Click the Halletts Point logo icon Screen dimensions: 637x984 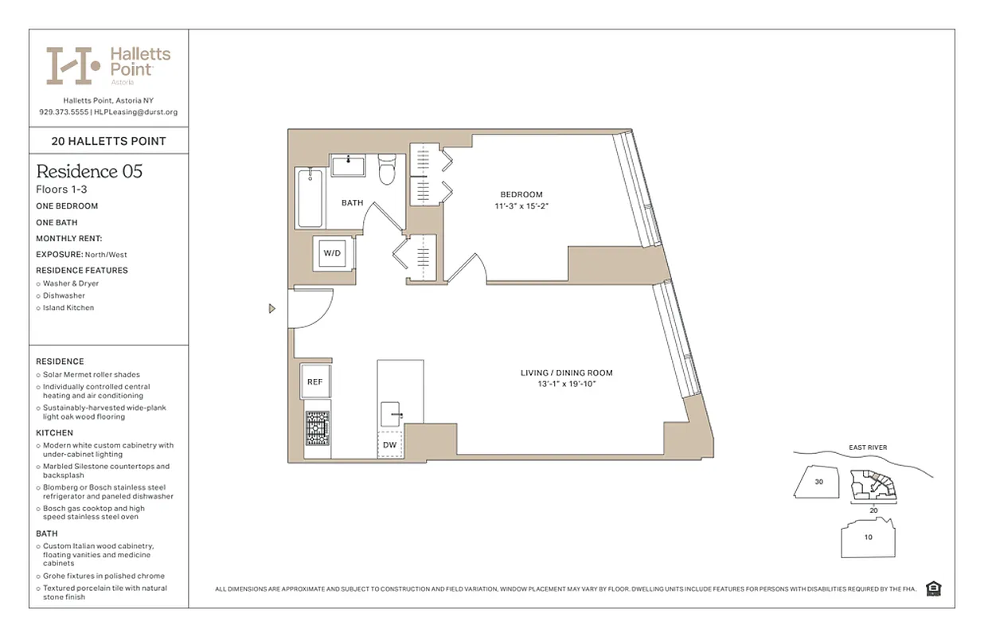click(x=72, y=65)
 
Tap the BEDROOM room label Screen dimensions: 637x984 click(x=521, y=195)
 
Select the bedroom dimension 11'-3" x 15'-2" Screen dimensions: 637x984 click(x=521, y=206)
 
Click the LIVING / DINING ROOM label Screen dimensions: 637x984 click(x=567, y=373)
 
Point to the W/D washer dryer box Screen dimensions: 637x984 click(x=331, y=253)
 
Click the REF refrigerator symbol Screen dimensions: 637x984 click(x=315, y=382)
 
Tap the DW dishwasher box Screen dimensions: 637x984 click(x=389, y=444)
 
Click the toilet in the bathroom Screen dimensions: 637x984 click(x=387, y=169)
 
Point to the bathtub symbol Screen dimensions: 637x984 click(x=309, y=197)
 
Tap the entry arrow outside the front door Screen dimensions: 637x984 click(x=272, y=308)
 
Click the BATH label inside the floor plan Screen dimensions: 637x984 click(x=352, y=203)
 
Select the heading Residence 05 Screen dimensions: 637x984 click(x=89, y=171)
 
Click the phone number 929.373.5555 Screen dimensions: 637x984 click(x=64, y=112)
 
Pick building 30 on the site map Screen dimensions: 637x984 click(x=818, y=483)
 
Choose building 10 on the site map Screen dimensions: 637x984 click(x=868, y=537)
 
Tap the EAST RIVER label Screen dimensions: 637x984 click(x=869, y=447)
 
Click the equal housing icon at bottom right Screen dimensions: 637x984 click(x=934, y=588)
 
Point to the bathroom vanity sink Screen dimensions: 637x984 click(x=348, y=166)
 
